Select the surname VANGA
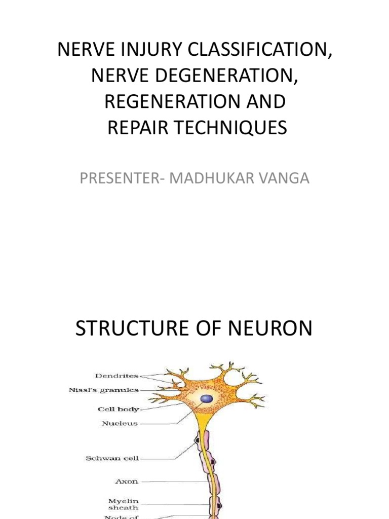click(284, 178)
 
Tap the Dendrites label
click(117, 376)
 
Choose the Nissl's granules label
click(103, 390)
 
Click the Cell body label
click(118, 409)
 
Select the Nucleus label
click(120, 423)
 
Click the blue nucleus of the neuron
click(206, 399)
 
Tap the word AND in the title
click(266, 101)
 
